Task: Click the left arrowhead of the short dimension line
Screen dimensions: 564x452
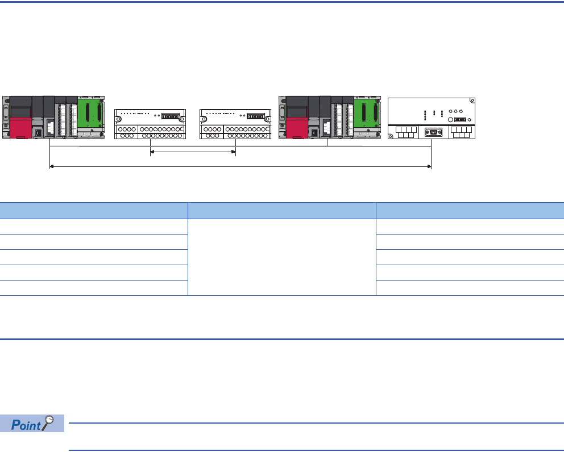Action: coord(152,152)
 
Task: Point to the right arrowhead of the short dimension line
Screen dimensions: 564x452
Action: coord(234,152)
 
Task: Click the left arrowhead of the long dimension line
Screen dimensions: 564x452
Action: coord(52,167)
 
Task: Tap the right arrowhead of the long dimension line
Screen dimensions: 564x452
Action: coord(429,167)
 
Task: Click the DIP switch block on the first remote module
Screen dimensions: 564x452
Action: coord(171,116)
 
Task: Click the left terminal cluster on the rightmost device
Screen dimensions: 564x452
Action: coord(405,133)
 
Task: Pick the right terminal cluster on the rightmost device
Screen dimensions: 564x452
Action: coord(462,133)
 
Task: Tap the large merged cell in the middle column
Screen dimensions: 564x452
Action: coord(282,257)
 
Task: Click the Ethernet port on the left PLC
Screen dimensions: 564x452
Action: coord(38,133)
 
